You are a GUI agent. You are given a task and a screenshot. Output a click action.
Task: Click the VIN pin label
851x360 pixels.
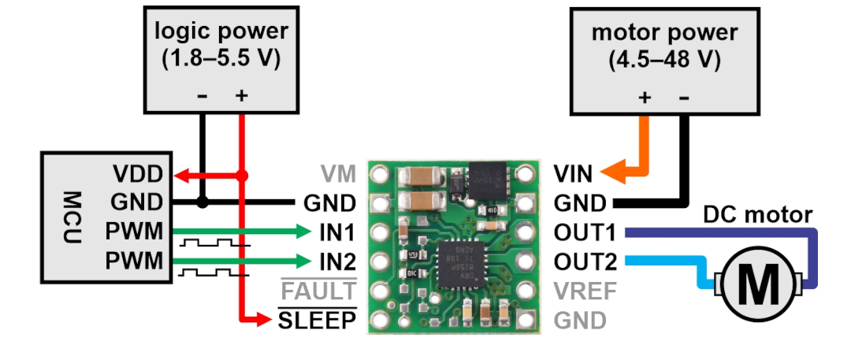(x=573, y=175)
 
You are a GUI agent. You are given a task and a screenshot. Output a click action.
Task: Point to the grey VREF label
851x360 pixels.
(x=585, y=291)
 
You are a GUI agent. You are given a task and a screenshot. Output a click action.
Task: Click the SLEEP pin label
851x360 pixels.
(x=318, y=321)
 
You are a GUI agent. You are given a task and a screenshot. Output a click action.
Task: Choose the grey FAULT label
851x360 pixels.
(x=318, y=291)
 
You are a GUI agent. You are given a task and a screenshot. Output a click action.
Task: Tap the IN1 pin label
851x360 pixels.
(x=337, y=233)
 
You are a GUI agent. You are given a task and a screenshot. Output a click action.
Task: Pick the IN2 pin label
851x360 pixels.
(x=337, y=262)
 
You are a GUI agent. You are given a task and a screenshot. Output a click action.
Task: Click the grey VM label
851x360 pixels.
(x=339, y=175)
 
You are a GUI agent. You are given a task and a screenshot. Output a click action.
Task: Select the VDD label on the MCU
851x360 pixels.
(x=138, y=175)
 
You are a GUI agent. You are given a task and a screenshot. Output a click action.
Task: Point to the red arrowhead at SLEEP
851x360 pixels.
(x=263, y=321)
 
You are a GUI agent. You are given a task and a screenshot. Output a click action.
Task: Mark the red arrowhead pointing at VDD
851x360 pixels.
(x=180, y=176)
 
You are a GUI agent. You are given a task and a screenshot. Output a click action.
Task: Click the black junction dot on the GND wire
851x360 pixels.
(x=202, y=202)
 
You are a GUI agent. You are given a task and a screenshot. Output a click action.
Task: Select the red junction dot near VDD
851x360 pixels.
(x=242, y=176)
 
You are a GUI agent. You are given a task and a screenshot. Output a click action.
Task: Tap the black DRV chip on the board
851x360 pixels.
(x=461, y=265)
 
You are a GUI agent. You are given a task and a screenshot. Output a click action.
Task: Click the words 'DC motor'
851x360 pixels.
(x=758, y=215)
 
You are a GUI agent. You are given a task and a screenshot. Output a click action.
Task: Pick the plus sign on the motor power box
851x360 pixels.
(x=645, y=98)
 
